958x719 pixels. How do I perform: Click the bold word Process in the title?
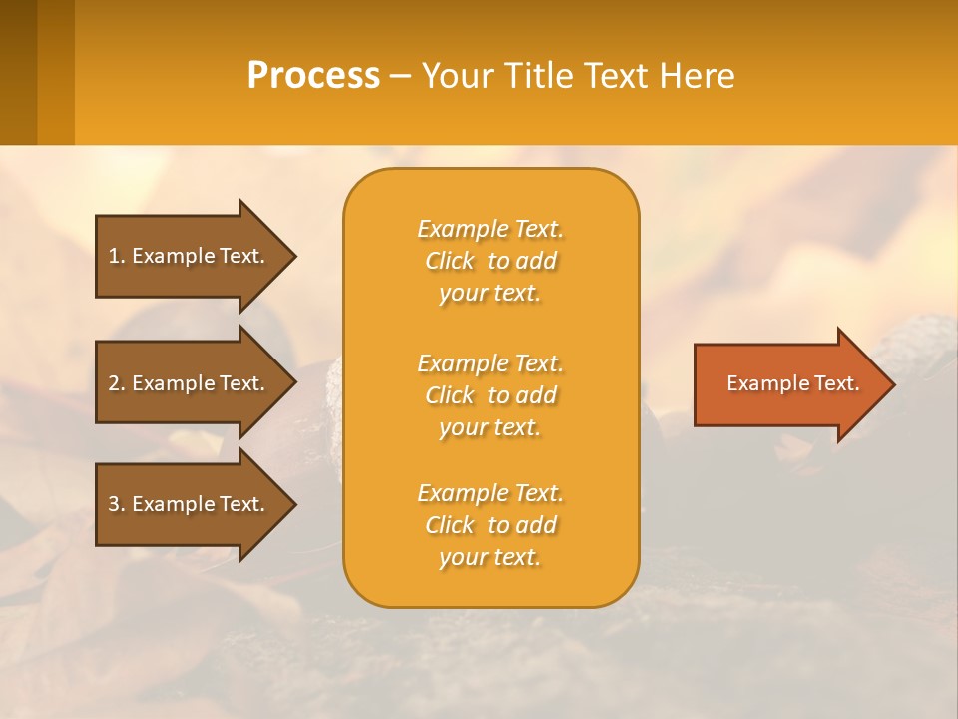(313, 76)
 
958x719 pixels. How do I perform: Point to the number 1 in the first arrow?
(114, 256)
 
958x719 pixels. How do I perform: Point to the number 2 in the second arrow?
(114, 383)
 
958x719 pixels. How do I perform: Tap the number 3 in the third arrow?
(114, 504)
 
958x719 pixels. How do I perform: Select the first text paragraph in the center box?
(490, 261)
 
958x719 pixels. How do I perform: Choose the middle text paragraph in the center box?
(490, 395)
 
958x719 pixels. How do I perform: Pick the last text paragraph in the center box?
(490, 525)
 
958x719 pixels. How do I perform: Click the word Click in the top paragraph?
(450, 262)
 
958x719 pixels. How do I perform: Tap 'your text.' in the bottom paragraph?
(490, 557)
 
